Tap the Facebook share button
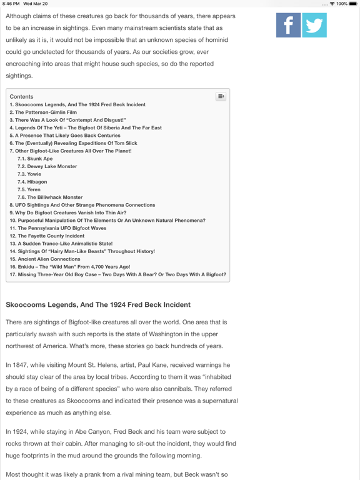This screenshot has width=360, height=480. click(x=289, y=25)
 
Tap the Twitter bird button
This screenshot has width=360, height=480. click(x=314, y=25)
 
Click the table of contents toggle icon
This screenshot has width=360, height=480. click(x=221, y=96)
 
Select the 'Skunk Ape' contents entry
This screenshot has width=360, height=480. click(x=35, y=159)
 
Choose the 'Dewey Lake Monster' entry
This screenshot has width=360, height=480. click(x=47, y=166)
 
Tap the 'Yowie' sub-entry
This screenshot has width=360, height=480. click(x=29, y=174)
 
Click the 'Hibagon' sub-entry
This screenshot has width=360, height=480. click(x=32, y=182)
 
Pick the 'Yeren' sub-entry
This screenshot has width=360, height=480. click(x=29, y=189)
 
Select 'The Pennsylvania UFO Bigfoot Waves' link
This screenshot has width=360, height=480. click(x=61, y=228)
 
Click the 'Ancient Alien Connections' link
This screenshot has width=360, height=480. click(x=49, y=259)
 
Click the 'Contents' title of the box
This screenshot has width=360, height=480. click(x=22, y=97)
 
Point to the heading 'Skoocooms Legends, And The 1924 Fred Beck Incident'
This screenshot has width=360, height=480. click(x=98, y=304)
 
